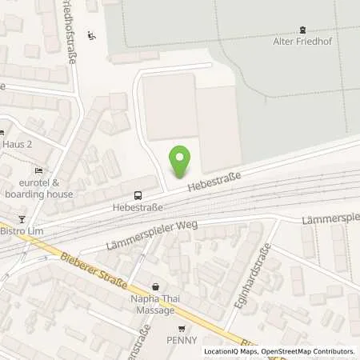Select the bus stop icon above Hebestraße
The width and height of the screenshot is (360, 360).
pos(138,194)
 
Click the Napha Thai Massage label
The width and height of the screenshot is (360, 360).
pos(155,302)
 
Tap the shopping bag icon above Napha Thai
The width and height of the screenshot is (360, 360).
pos(155,286)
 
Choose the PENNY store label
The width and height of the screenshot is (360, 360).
pos(182,341)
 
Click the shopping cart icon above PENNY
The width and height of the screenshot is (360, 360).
pos(182,328)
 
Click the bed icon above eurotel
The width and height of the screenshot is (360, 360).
pos(38,170)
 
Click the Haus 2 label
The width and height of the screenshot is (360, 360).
pos(16,146)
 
